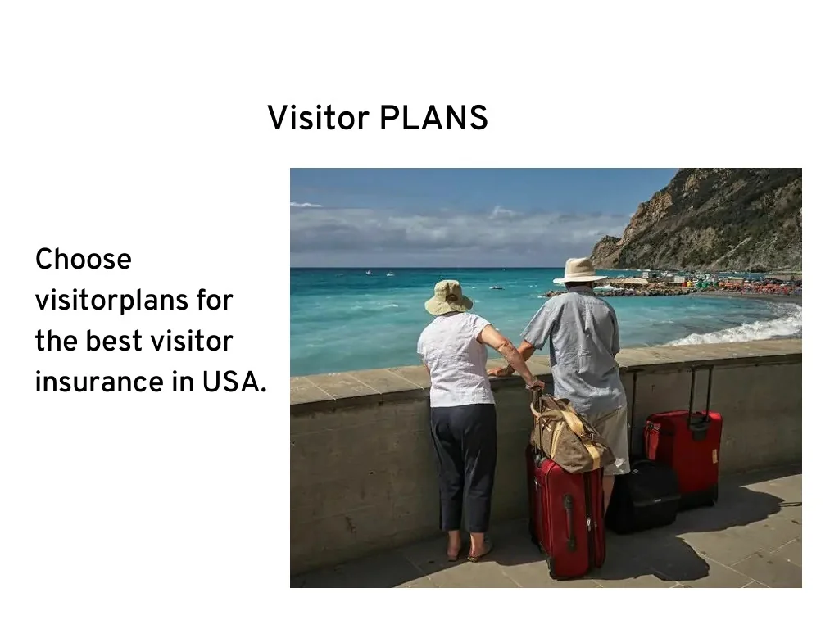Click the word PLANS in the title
[433, 118]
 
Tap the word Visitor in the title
[319, 118]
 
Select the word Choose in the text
[83, 260]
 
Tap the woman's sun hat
[448, 297]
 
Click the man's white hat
[579, 270]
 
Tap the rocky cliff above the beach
[713, 217]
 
